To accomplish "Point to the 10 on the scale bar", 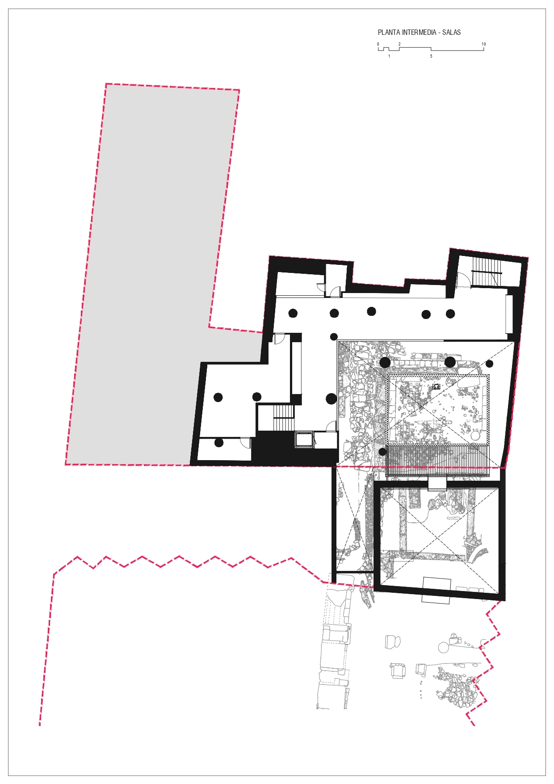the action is click(483, 44).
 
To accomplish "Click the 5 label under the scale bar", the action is click(431, 56).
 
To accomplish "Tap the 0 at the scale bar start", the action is click(378, 44).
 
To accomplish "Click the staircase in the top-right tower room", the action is click(487, 273).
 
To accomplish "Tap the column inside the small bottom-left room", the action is click(219, 443).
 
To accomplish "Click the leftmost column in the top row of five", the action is click(293, 313).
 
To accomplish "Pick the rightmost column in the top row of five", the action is click(450, 314).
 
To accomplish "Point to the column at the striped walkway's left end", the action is click(382, 452).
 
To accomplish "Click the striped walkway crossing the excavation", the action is click(437, 461).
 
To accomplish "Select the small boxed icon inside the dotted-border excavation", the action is click(436, 387).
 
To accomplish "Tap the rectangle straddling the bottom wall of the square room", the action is click(436, 590).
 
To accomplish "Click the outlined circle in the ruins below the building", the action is click(443, 647).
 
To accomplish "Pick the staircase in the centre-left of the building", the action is click(284, 417).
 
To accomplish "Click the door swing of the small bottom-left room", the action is click(245, 442).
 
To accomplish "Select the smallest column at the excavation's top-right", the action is click(490, 364).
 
